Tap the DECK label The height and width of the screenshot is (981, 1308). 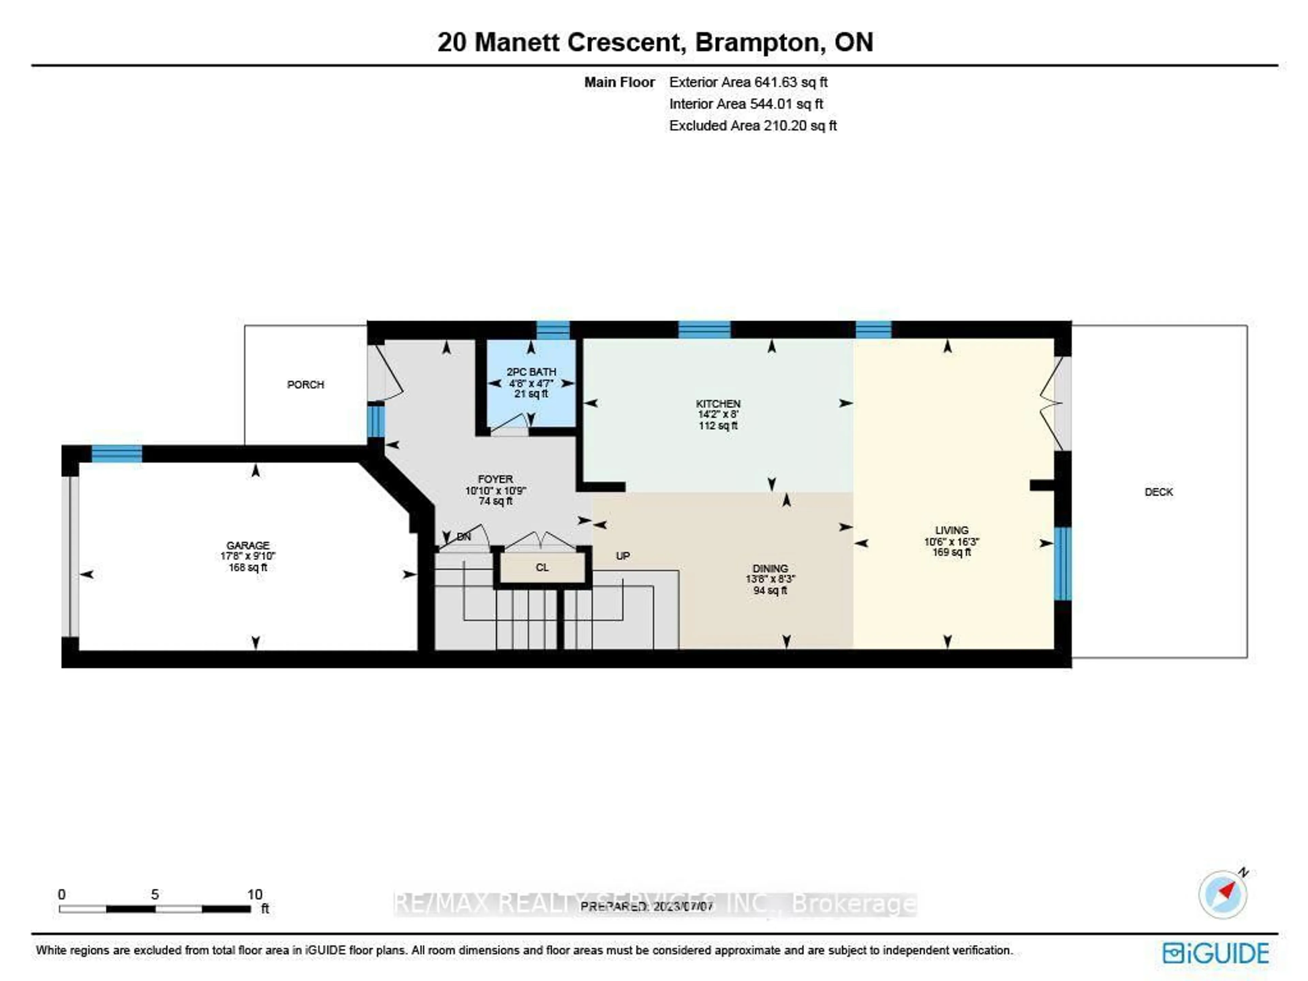point(1158,492)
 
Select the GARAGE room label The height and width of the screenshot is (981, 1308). point(248,545)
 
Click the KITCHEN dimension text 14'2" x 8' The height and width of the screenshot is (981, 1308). point(718,415)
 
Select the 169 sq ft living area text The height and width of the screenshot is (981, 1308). point(951,552)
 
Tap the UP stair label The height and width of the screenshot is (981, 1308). point(623,556)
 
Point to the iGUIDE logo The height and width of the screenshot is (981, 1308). point(1215,953)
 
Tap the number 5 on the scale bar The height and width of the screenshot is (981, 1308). point(155,894)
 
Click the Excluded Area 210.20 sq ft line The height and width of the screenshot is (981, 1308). point(753,125)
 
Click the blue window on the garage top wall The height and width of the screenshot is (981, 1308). point(116,454)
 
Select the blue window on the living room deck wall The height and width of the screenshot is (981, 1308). point(1063,563)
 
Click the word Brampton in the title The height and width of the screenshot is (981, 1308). point(759,42)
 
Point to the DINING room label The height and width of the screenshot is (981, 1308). point(770,568)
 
